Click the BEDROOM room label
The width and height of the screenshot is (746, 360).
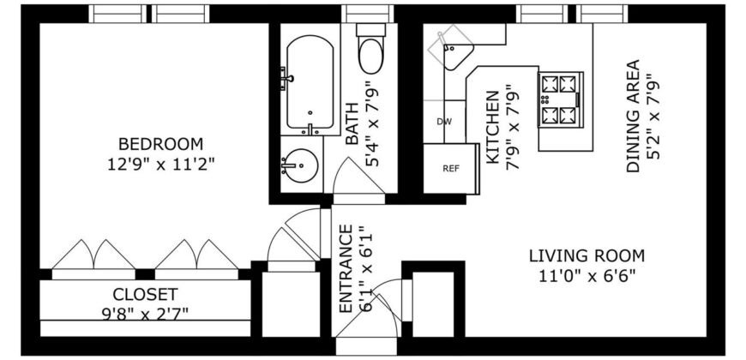click(x=160, y=143)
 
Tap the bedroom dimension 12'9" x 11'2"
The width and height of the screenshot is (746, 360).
click(x=160, y=163)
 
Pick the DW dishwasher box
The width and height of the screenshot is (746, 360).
click(x=443, y=122)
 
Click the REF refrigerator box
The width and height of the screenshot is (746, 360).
click(x=450, y=168)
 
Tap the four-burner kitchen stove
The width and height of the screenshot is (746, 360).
click(x=559, y=100)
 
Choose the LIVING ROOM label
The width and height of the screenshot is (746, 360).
click(x=587, y=255)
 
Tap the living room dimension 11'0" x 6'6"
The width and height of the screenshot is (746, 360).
click(x=587, y=275)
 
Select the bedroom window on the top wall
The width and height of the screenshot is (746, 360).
click(x=150, y=14)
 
